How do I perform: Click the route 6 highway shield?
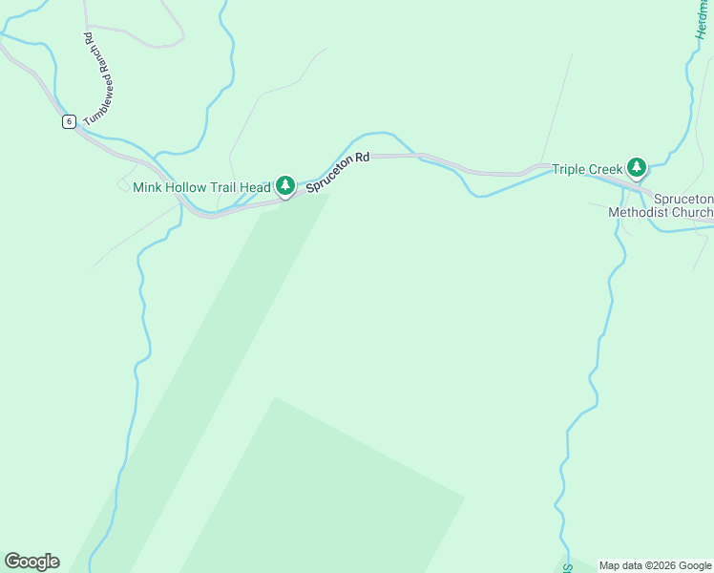coord(69,121)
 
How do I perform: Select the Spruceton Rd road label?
coord(337,168)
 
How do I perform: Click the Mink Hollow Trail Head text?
coord(201,187)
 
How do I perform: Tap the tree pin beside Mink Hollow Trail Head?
coord(284,186)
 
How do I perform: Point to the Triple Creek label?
coord(587,169)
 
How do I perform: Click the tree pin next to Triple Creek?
coord(637,168)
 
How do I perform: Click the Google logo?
coord(31,562)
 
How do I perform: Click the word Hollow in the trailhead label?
coord(188,187)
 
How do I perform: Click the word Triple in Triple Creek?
coord(569,169)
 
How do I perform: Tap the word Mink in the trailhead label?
coord(148,187)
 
